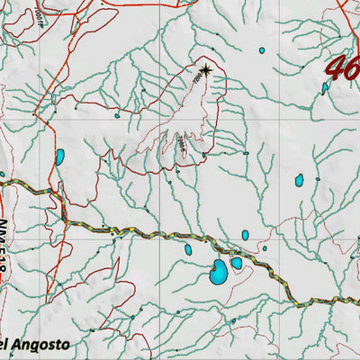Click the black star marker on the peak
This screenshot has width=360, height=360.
tap(206, 69)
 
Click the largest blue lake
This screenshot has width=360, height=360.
tap(219, 271)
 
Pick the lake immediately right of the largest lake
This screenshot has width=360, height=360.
tap(237, 264)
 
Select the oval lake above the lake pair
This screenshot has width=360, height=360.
tap(245, 235)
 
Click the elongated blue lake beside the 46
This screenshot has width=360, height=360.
tap(325, 88)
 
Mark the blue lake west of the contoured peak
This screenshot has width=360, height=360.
tap(59, 157)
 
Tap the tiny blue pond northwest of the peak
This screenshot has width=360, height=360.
tap(116, 115)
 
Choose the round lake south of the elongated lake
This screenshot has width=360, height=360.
tap(299, 181)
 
